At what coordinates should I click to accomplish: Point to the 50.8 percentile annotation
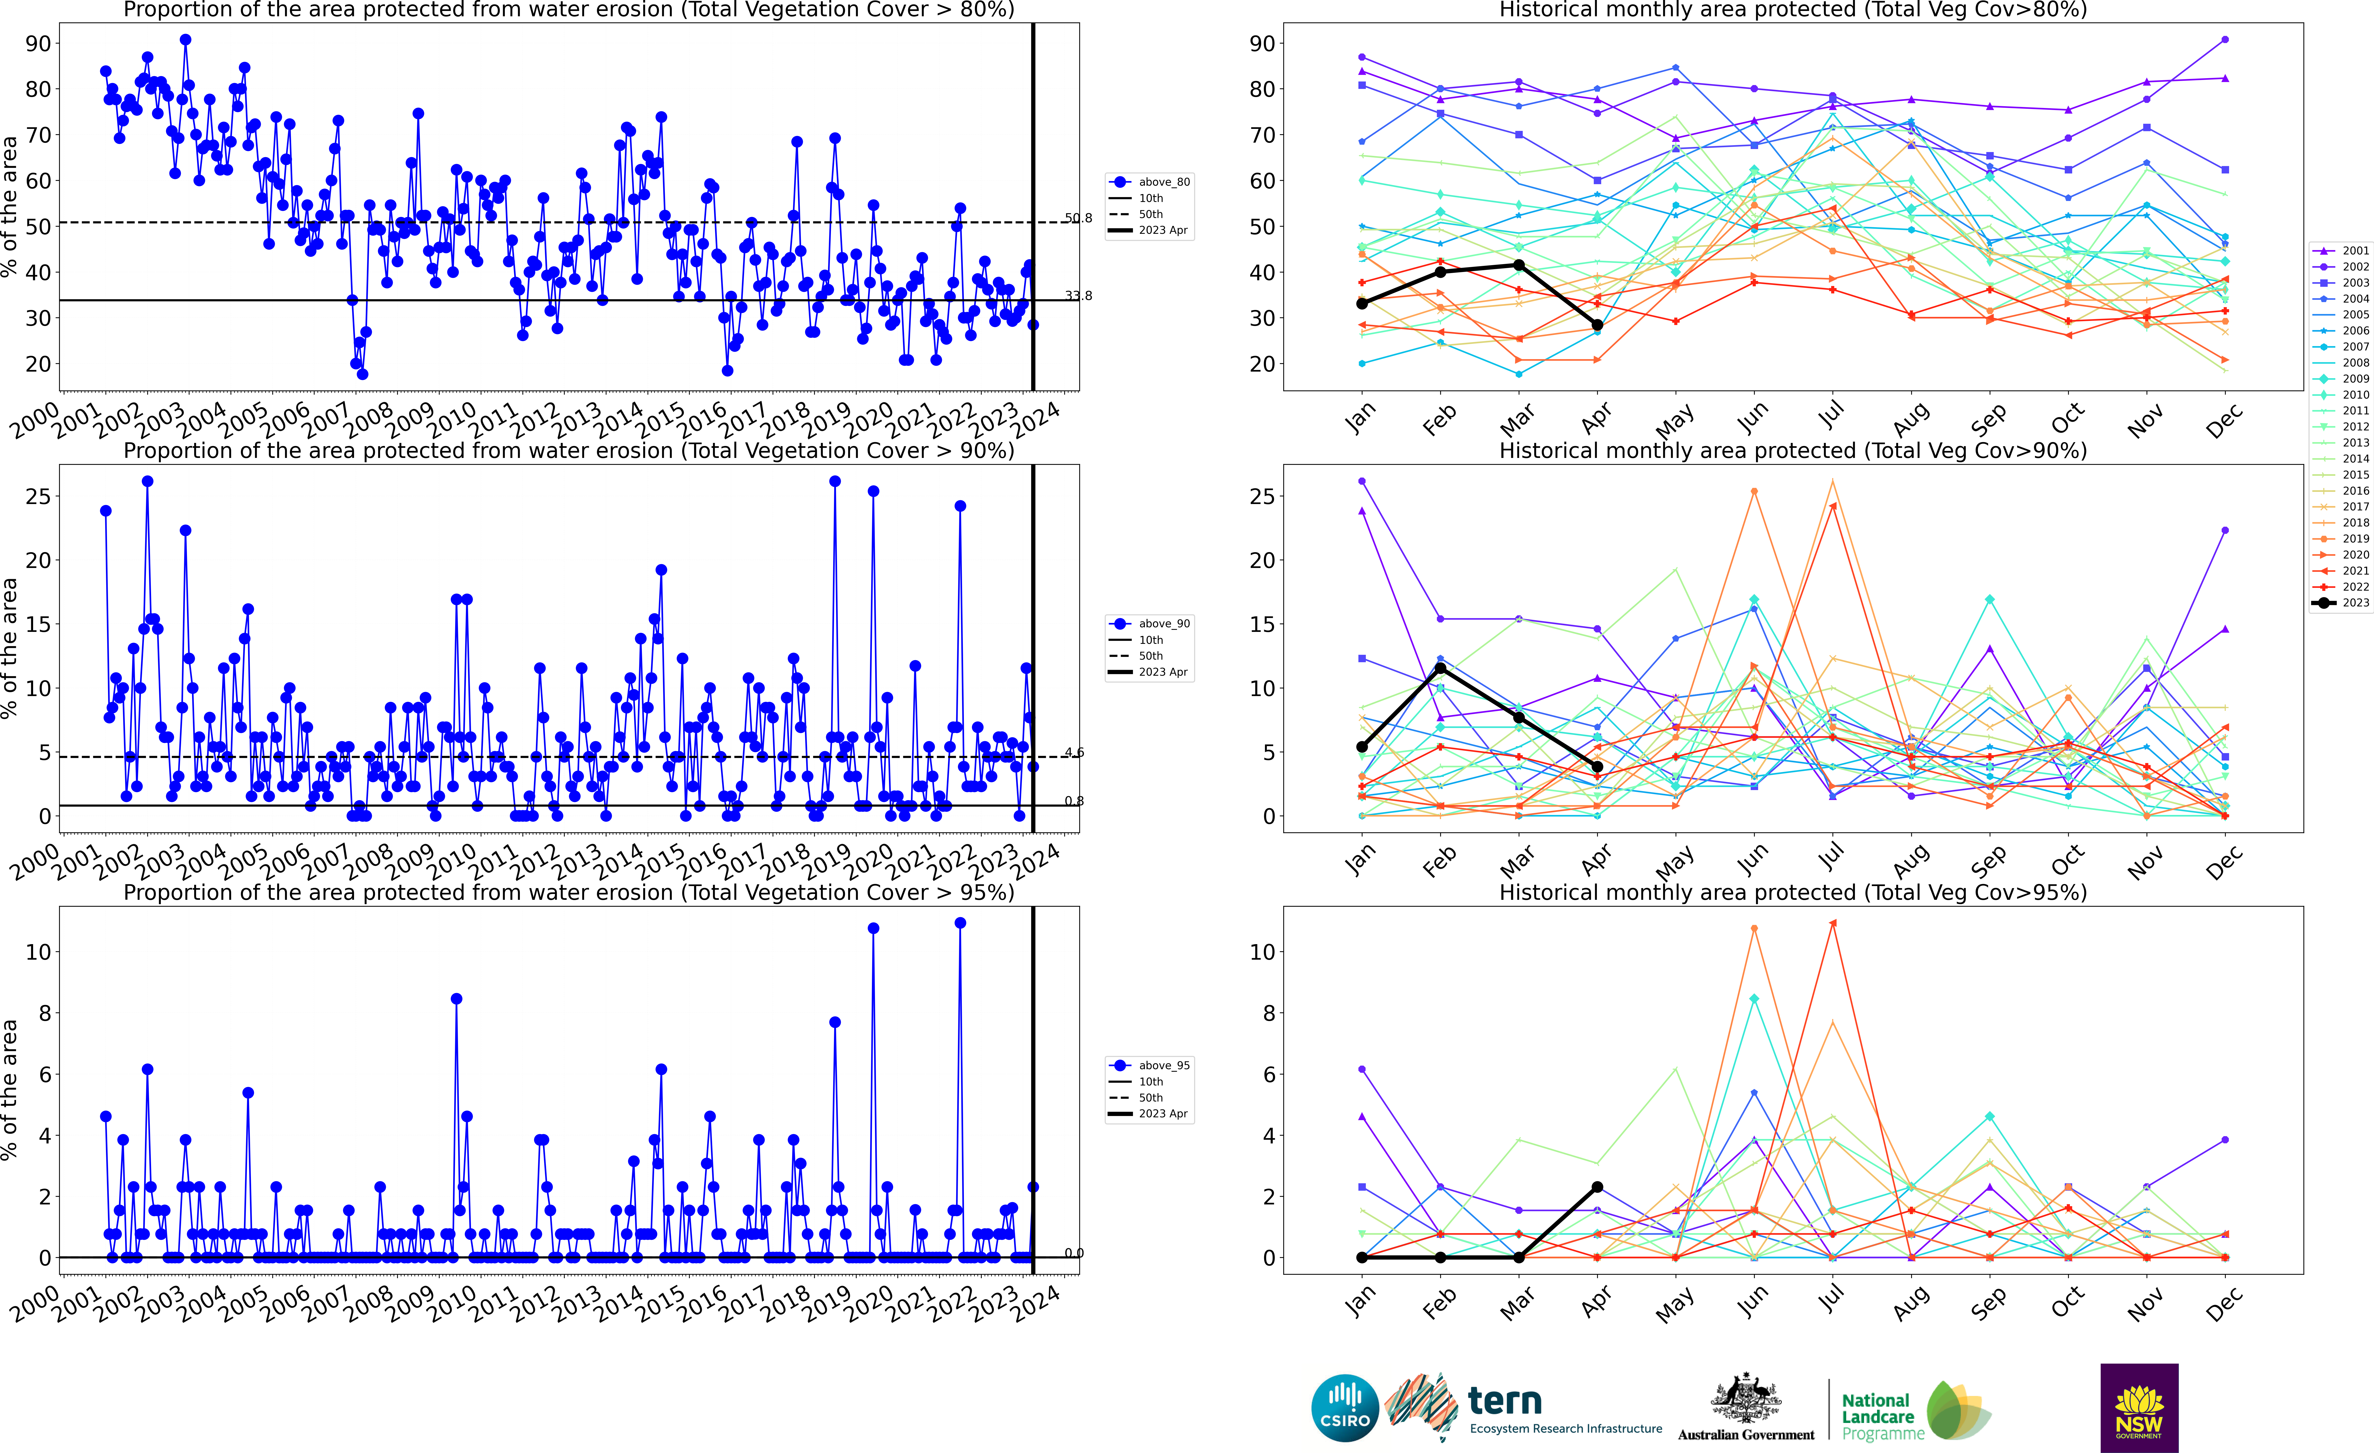coord(1078,219)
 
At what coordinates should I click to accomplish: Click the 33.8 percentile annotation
coord(1078,296)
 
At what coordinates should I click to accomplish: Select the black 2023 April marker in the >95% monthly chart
coord(1597,1187)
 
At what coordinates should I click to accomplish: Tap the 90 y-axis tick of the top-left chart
coord(38,43)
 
